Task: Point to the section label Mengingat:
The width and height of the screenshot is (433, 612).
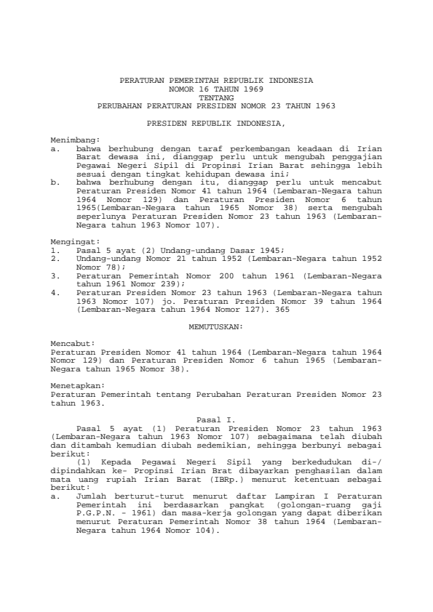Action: pyautogui.click(x=75, y=238)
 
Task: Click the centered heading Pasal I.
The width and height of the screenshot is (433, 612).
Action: pyautogui.click(x=215, y=419)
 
